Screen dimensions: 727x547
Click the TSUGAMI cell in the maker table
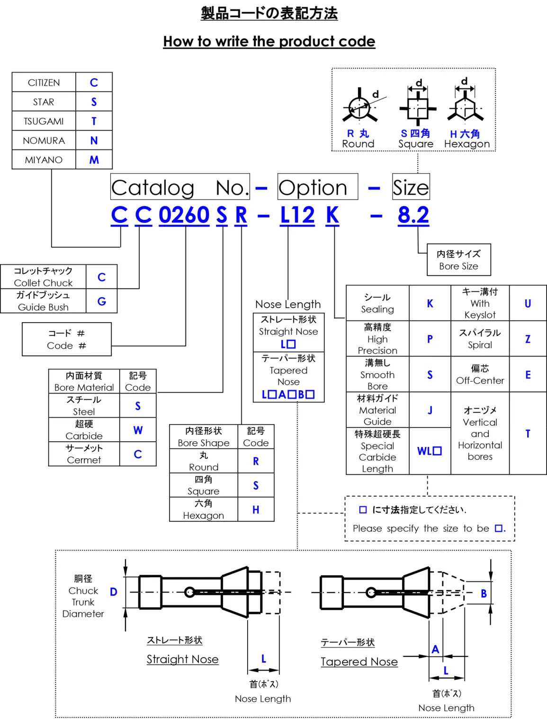(44, 121)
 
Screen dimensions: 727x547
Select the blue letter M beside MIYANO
(94, 160)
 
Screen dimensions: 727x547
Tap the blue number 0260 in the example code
(184, 215)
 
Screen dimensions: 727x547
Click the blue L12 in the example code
(297, 215)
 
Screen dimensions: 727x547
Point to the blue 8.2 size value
(413, 215)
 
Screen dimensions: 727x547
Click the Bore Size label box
(458, 260)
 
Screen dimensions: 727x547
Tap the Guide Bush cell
(43, 301)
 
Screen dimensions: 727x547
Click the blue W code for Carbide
(138, 430)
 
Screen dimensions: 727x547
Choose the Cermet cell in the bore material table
(84, 454)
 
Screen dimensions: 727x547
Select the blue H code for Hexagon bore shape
(256, 509)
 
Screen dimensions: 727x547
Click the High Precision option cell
(377, 339)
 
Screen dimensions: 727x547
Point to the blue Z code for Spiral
(528, 339)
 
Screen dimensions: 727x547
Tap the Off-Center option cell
(480, 374)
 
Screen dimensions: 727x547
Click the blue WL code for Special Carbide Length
(429, 451)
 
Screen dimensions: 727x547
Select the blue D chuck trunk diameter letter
(114, 592)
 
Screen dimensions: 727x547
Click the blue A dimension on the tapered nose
(435, 649)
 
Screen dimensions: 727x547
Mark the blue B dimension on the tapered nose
(484, 594)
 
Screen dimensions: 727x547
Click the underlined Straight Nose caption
(182, 659)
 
